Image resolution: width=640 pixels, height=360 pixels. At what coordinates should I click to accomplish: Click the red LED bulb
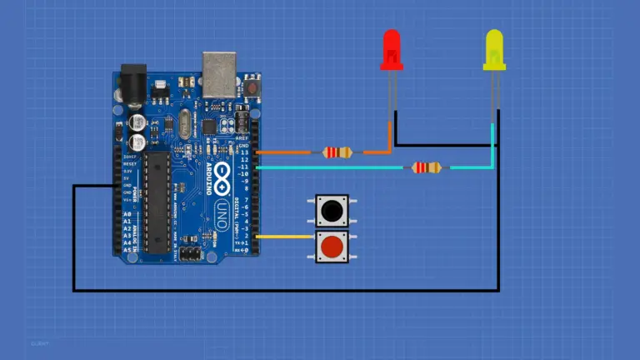(391, 50)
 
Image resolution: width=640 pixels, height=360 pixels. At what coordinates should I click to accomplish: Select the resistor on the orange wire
(337, 152)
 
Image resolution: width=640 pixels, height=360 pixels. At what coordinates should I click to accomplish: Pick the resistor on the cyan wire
(427, 167)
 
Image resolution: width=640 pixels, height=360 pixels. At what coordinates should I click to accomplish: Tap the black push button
(332, 212)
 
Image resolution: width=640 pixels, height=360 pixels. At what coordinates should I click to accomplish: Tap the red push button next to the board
(332, 247)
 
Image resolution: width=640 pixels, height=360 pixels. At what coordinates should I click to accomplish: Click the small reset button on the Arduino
(251, 86)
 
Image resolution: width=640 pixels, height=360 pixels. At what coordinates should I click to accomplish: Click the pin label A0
(127, 215)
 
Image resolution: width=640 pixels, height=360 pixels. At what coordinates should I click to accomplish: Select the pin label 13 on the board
(245, 152)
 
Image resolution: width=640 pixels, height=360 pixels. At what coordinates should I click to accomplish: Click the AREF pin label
(242, 138)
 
